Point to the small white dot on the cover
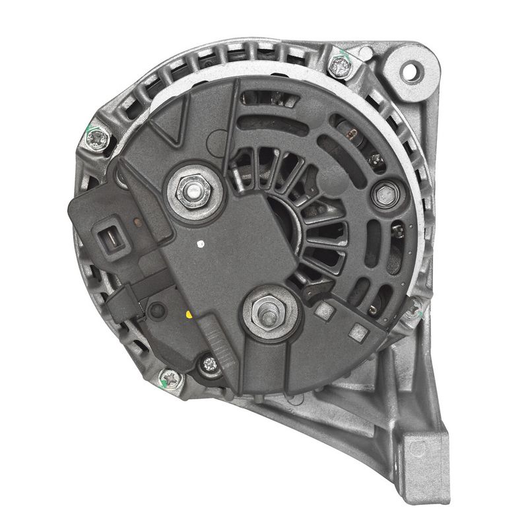pyautogui.click(x=199, y=244)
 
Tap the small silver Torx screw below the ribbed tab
pyautogui.click(x=210, y=363)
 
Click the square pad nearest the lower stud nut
pyautogui.click(x=323, y=311)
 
